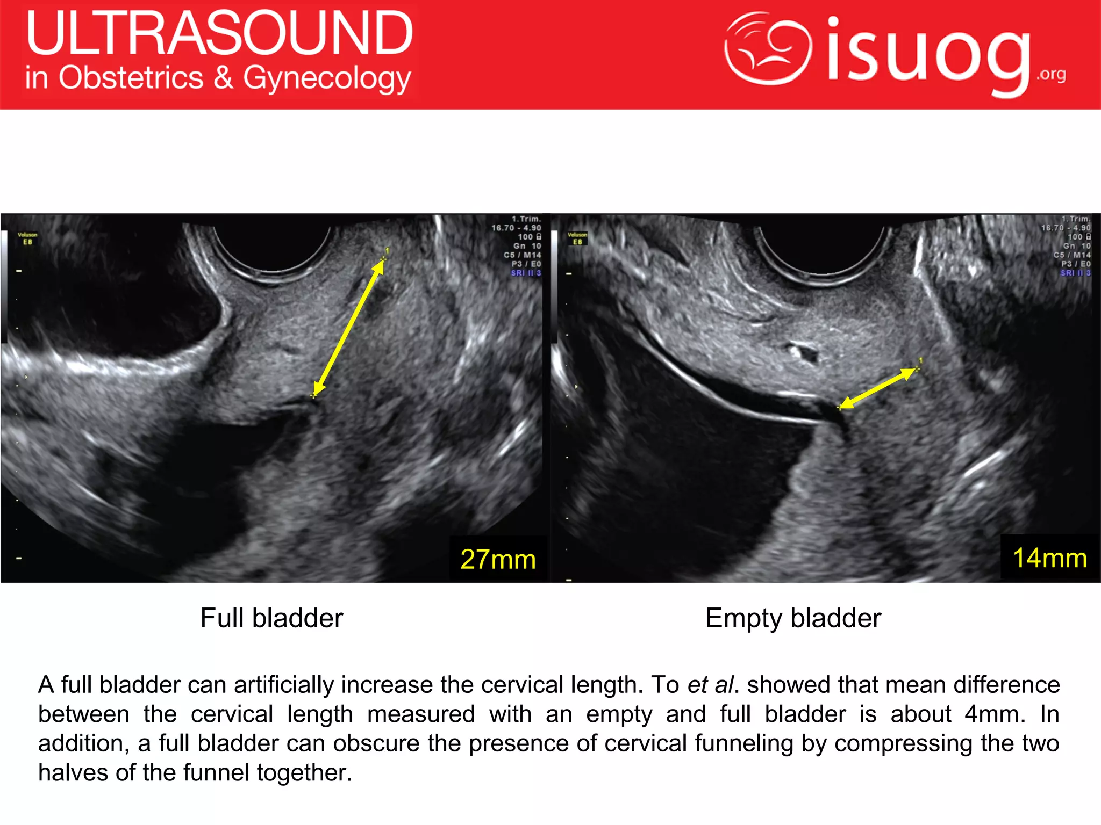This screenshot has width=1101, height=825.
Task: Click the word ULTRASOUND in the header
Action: (219, 33)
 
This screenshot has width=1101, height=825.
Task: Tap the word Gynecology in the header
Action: (327, 79)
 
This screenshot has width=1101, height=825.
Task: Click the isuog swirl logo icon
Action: (767, 48)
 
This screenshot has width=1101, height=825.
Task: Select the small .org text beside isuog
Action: (1051, 74)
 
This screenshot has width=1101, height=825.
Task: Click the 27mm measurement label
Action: (498, 559)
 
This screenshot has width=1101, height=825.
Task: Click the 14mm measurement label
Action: (1049, 558)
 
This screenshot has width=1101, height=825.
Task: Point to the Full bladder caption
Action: (271, 618)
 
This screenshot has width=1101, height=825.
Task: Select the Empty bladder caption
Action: (793, 618)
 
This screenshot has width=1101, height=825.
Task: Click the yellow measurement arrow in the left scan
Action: (348, 328)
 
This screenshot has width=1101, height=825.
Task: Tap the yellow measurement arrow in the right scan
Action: (878, 388)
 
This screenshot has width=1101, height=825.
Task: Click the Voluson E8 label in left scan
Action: (27, 238)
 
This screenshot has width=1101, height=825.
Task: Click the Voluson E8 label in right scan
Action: (577, 238)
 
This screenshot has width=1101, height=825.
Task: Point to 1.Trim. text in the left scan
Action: (526, 219)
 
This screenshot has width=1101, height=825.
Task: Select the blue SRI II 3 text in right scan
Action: (1075, 273)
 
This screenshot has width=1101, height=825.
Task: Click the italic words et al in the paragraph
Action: (710, 685)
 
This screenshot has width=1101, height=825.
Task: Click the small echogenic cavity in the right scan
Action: (803, 352)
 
